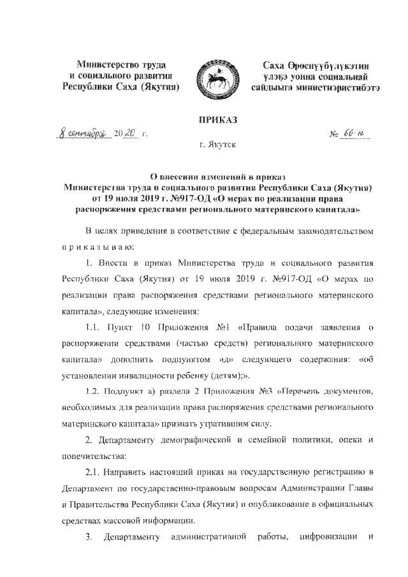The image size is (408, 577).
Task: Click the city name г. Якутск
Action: tap(217, 146)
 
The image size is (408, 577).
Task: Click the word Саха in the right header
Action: tap(278, 65)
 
